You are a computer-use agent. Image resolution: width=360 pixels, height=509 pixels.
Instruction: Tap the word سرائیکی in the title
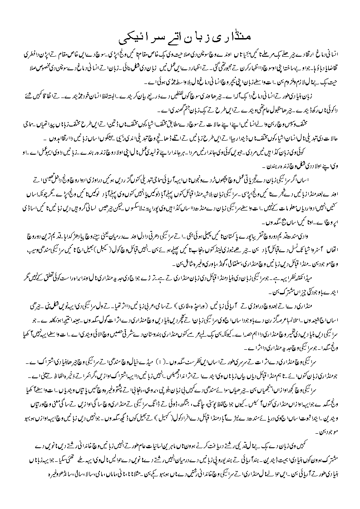tap(132, 35)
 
